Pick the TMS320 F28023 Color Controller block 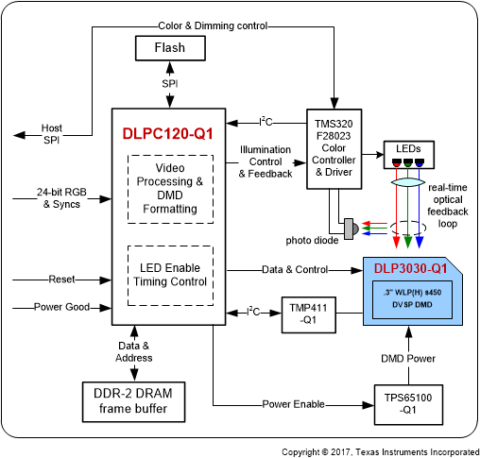click(x=333, y=147)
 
